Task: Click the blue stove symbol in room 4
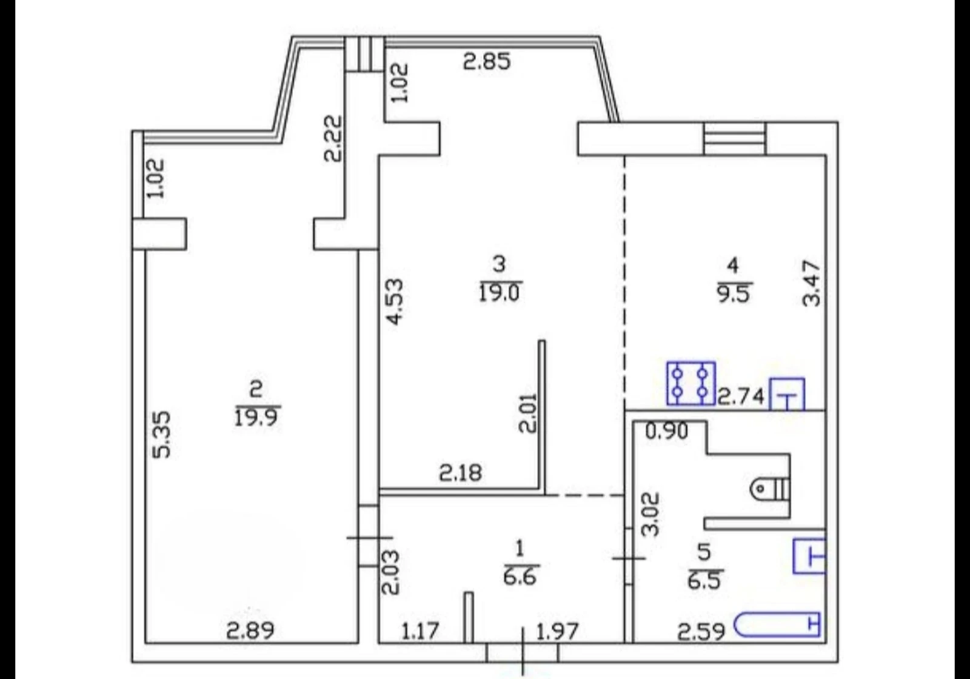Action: (691, 383)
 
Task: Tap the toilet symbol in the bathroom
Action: (770, 489)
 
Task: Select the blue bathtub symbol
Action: (777, 624)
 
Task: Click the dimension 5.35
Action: (162, 434)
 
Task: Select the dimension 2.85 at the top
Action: (487, 61)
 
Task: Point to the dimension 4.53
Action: (395, 301)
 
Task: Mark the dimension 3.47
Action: (811, 283)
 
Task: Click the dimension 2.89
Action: (250, 631)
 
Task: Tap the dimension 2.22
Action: (333, 138)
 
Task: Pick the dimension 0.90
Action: (666, 431)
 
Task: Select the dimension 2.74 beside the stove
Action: (741, 396)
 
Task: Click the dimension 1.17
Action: (421, 631)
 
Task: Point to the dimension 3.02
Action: (651, 515)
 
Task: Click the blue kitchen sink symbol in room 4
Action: (787, 394)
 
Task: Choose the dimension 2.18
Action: (460, 473)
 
